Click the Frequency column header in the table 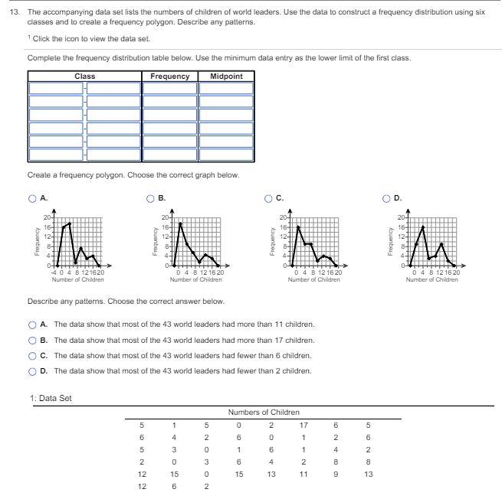[170, 77]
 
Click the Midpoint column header [226, 77]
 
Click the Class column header [85, 77]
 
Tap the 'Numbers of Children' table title [258, 413]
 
